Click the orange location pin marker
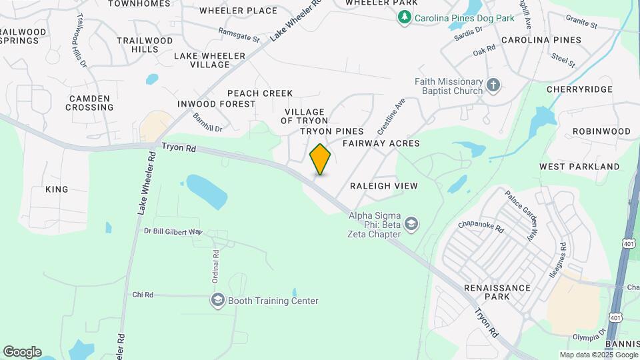[320, 159]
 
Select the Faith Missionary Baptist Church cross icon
[493, 85]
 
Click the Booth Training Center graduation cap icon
[217, 301]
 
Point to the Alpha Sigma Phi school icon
[411, 223]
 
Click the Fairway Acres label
[381, 143]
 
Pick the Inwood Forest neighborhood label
[216, 104]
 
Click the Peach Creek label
[259, 93]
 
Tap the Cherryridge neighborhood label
[579, 89]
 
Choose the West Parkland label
[579, 167]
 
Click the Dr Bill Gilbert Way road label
[173, 231]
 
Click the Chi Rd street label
[143, 295]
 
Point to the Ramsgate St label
[239, 34]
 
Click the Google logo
[22, 352]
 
